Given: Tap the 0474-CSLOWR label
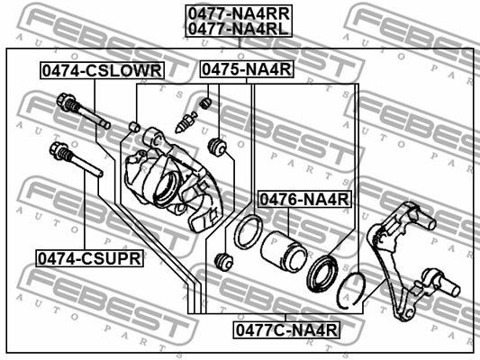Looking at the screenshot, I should [x=100, y=70].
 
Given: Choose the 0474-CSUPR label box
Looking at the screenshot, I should [x=89, y=257].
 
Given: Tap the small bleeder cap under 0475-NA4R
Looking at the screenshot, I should [x=205, y=104].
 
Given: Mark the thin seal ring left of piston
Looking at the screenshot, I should [x=246, y=233].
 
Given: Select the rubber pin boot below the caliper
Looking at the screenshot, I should [x=225, y=263].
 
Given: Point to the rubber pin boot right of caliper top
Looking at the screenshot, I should [x=216, y=146].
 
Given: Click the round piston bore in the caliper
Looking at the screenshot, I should [x=166, y=187].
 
